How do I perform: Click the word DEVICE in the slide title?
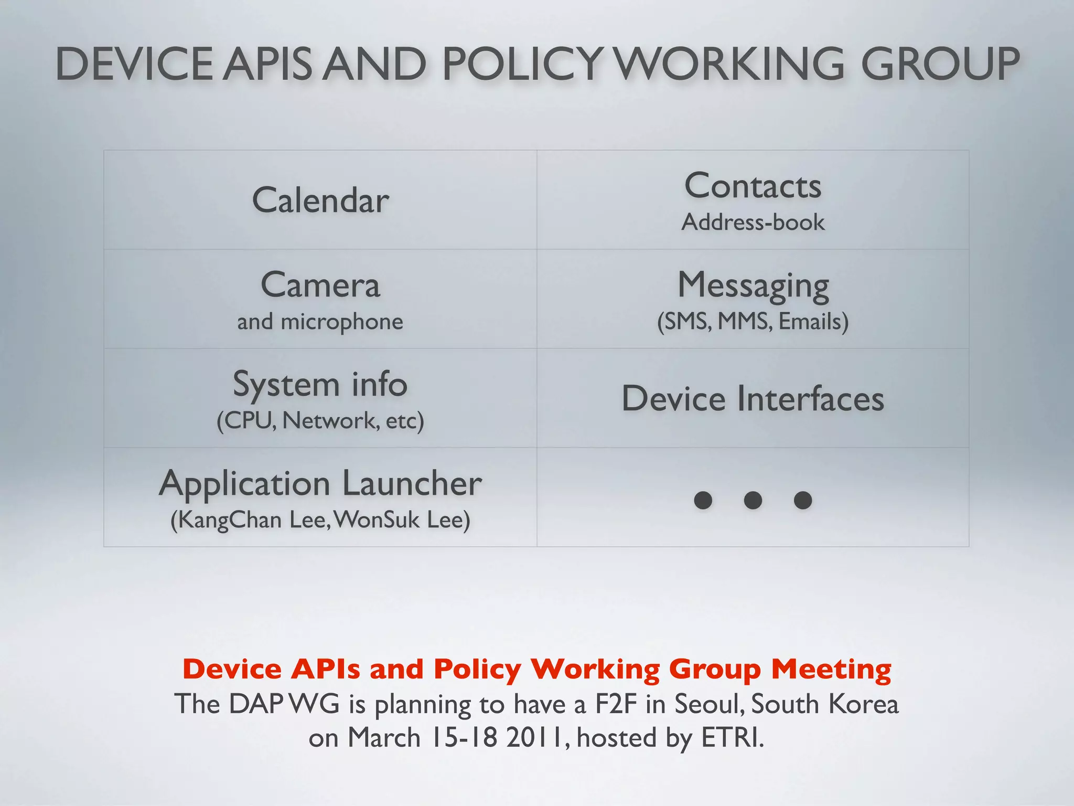tap(134, 64)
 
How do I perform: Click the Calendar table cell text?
tap(320, 200)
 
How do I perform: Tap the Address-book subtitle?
tap(753, 222)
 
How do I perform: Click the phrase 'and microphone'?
tap(320, 321)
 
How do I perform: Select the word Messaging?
tap(753, 286)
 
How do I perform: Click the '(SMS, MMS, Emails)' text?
tap(753, 321)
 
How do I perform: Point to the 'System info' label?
tap(320, 384)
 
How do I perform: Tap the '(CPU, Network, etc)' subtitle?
tap(320, 420)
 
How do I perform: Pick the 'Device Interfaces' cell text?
tap(753, 399)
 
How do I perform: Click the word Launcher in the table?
tap(412, 483)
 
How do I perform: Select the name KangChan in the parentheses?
tap(229, 520)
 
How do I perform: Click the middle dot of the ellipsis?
tap(753, 500)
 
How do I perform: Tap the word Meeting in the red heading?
tap(831, 669)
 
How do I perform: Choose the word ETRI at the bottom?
tap(732, 738)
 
